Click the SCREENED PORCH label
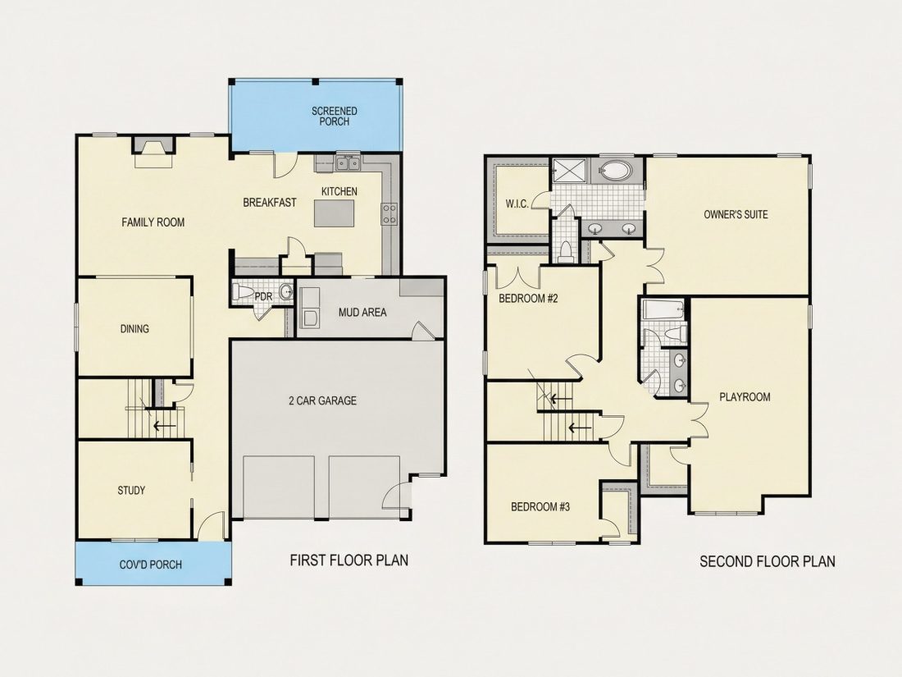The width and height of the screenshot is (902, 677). tap(335, 116)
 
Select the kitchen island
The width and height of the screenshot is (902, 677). tap(335, 213)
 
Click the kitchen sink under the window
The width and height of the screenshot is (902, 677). tap(348, 164)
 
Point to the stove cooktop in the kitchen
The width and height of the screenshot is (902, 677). tap(389, 213)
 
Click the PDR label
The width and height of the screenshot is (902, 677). tap(263, 296)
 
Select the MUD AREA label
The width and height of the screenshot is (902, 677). tap(362, 313)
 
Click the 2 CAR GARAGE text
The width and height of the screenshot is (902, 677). tap(323, 400)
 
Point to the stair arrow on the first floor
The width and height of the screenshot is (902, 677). tap(164, 427)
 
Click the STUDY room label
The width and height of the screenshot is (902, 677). tap(131, 491)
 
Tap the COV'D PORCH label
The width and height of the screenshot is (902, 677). tap(151, 565)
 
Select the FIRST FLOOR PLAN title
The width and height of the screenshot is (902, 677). tap(349, 560)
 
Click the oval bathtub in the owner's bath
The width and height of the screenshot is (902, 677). tap(616, 171)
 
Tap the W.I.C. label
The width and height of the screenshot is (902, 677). tap(517, 204)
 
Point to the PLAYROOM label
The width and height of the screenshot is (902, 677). tap(745, 397)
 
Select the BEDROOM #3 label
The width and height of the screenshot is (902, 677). tap(540, 507)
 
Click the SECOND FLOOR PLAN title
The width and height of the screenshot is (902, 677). tap(768, 561)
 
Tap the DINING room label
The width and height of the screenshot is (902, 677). tap(134, 329)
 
